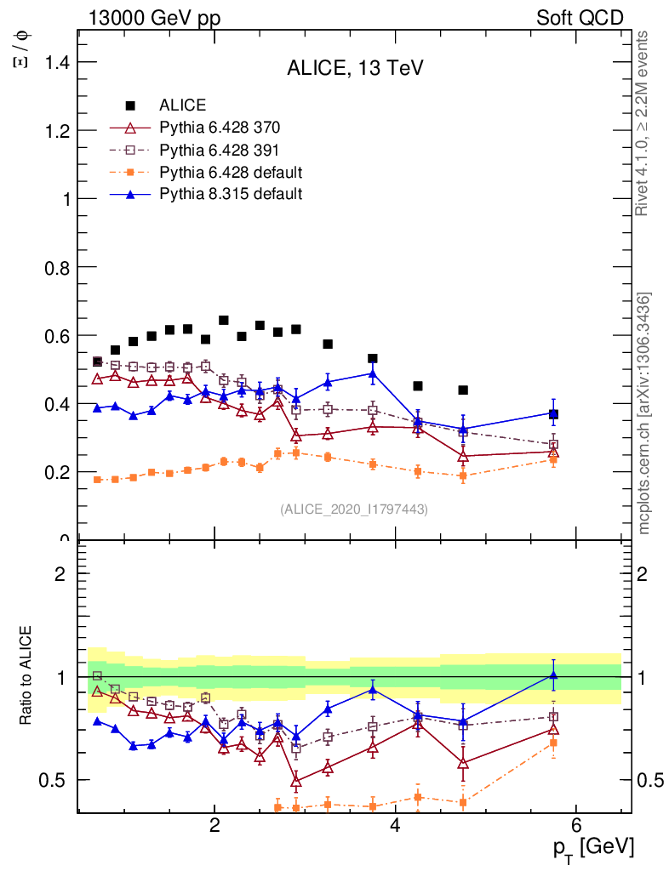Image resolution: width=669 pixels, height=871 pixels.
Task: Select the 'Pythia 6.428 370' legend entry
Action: [220, 128]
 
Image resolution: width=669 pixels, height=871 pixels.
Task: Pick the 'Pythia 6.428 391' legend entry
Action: [220, 151]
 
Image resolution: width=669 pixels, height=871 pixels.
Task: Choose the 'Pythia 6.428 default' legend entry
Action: [231, 173]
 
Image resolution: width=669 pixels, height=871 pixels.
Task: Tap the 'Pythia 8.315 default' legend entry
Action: [231, 194]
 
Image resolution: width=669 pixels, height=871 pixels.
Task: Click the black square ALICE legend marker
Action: [130, 105]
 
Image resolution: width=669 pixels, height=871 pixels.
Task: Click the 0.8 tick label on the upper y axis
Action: [56, 267]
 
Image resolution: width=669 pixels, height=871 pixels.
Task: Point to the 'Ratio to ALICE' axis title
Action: [26, 676]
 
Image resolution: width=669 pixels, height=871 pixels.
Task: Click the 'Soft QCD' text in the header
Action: [580, 18]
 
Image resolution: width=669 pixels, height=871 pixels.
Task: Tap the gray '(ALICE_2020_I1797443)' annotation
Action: [354, 510]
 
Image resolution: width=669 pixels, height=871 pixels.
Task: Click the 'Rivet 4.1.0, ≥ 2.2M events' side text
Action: [643, 123]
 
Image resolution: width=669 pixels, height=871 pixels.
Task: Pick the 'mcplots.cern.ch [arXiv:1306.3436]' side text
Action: [644, 413]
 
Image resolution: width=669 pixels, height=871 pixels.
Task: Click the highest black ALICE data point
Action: [224, 321]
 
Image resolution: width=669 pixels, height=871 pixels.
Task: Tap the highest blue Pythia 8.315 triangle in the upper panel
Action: [372, 373]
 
